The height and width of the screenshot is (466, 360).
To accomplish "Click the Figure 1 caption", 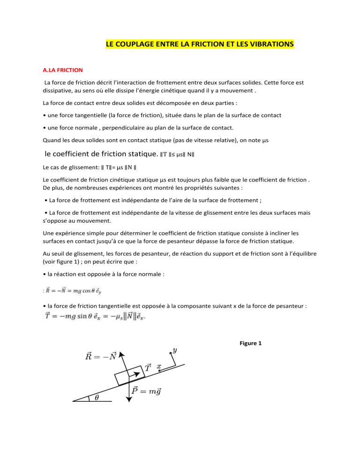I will [250, 343].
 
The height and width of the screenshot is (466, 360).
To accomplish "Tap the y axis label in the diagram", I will [175, 350].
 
